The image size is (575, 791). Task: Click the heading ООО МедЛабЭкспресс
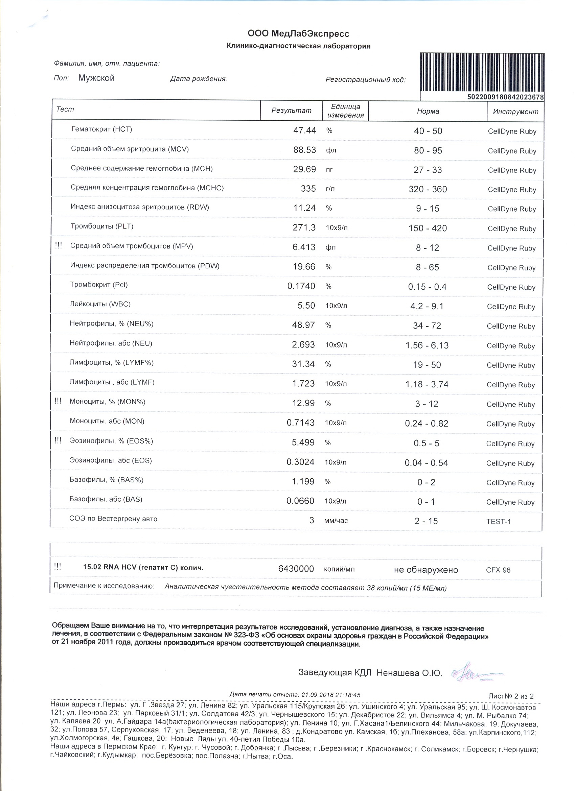click(x=298, y=33)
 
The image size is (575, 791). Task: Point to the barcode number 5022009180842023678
click(x=505, y=97)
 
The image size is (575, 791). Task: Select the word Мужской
click(x=96, y=78)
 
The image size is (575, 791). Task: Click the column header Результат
click(x=291, y=111)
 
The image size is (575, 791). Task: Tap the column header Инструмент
click(x=515, y=112)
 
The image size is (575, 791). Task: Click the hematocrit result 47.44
click(x=304, y=130)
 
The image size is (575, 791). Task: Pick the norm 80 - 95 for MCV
click(x=428, y=150)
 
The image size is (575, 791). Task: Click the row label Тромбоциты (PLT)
click(x=102, y=226)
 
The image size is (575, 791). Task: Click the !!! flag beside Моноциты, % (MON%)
click(x=58, y=401)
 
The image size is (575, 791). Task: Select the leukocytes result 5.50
click(x=306, y=306)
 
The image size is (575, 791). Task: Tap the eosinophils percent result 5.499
click(x=303, y=442)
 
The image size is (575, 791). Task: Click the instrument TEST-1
click(x=498, y=521)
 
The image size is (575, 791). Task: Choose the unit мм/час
click(x=336, y=521)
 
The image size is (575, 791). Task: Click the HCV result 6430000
click(x=296, y=569)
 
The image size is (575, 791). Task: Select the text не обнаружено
click(x=425, y=570)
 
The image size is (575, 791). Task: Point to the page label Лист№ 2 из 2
click(x=511, y=696)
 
